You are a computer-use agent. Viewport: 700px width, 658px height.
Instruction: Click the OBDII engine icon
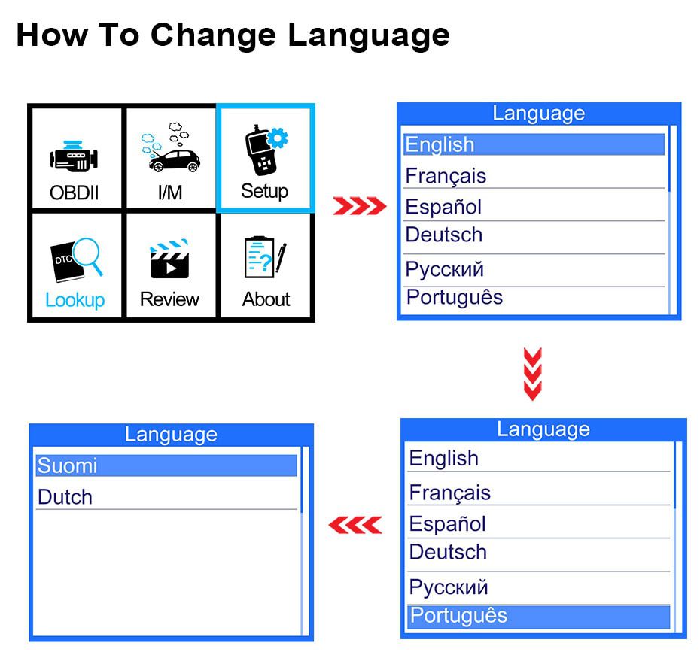tap(74, 156)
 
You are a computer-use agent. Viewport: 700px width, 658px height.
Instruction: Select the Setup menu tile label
tap(265, 191)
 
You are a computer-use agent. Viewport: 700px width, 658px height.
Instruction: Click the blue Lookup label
tap(75, 300)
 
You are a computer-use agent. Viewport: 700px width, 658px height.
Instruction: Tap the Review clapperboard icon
tap(169, 259)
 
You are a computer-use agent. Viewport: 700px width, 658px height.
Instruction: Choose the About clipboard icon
tap(266, 257)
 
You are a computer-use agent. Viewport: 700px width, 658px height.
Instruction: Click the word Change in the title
tap(214, 35)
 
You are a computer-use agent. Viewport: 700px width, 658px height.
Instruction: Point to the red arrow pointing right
tap(360, 206)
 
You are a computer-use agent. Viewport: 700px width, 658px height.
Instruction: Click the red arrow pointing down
tap(533, 374)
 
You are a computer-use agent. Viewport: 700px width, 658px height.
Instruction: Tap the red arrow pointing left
tap(355, 525)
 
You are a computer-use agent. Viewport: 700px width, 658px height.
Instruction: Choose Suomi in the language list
tap(68, 465)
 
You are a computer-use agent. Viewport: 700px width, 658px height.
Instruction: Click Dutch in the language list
tap(65, 497)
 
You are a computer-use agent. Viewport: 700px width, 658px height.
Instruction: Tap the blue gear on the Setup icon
tap(278, 138)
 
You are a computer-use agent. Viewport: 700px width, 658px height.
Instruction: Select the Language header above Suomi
tap(171, 435)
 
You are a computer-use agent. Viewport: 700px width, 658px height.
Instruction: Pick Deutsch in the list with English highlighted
tap(444, 235)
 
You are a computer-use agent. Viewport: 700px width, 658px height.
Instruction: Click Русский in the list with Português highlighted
tap(449, 587)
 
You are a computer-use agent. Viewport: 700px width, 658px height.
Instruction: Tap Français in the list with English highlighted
tap(446, 176)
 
